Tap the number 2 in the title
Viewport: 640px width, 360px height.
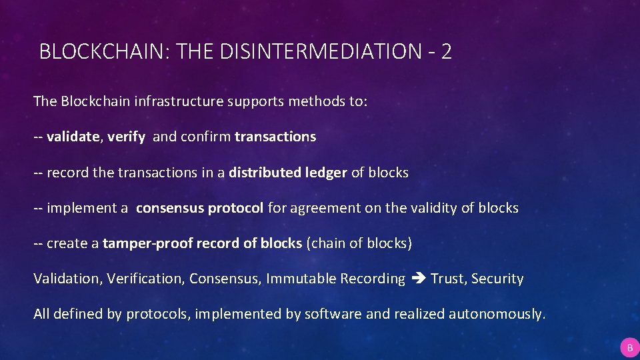(x=446, y=51)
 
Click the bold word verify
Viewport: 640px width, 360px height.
(x=126, y=137)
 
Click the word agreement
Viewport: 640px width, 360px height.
(x=322, y=208)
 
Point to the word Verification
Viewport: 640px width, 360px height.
(x=145, y=279)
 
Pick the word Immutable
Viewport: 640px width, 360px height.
(x=302, y=279)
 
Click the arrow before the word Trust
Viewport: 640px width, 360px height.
(x=418, y=279)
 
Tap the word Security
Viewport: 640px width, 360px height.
(x=497, y=279)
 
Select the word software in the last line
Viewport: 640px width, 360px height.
(x=331, y=314)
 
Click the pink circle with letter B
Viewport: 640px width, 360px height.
(x=629, y=347)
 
